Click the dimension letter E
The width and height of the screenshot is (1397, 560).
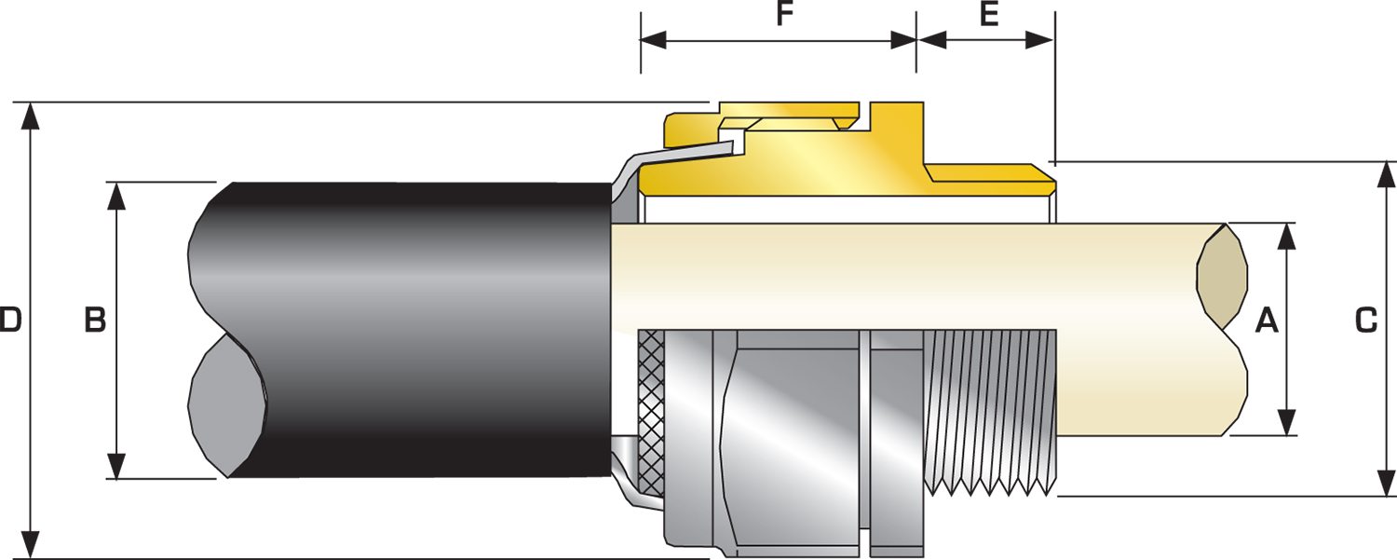[x=989, y=16]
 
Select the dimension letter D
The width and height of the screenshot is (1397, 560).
[x=10, y=321]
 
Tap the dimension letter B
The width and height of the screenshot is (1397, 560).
[x=95, y=321]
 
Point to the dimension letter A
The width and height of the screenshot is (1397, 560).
[x=1267, y=321]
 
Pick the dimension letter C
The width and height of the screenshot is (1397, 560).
[x=1365, y=321]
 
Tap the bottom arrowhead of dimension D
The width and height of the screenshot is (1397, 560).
[x=31, y=544]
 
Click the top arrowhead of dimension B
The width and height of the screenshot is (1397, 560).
[x=116, y=195]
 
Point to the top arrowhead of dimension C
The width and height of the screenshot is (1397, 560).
[x=1385, y=174]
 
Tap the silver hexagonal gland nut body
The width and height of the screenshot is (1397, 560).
[x=792, y=438]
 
